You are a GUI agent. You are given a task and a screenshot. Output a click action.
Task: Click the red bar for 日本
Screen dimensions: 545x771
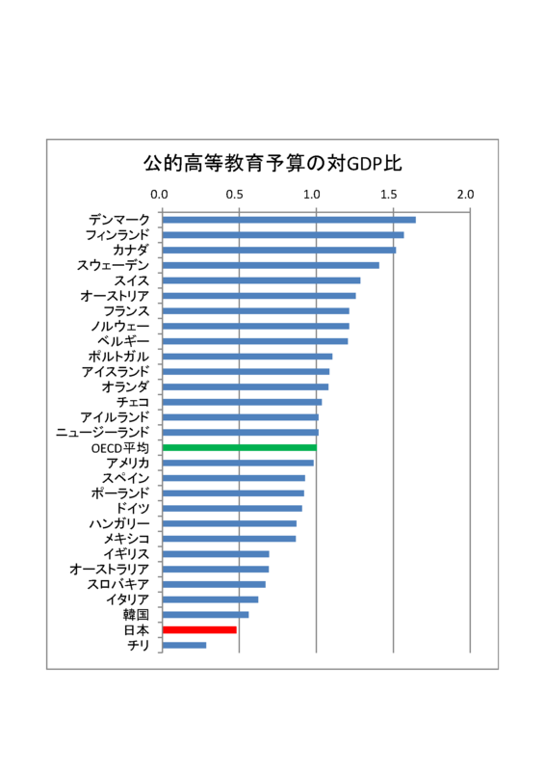coord(199,630)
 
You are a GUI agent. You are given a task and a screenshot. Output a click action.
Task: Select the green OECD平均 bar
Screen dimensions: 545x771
coord(240,447)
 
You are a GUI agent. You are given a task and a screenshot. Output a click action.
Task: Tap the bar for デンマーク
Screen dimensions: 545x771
coord(289,220)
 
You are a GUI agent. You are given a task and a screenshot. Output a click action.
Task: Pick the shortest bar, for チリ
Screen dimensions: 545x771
coord(184,645)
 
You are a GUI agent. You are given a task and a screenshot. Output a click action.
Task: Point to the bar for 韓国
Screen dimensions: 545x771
coord(205,615)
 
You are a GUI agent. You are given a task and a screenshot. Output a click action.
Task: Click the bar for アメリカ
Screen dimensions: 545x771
coord(238,463)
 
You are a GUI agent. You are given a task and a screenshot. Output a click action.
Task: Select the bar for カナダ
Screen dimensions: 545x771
coord(279,251)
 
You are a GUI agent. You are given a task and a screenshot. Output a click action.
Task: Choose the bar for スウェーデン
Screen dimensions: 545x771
coord(271,266)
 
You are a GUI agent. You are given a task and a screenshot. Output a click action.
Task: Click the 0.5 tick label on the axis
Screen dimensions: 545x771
coord(234,195)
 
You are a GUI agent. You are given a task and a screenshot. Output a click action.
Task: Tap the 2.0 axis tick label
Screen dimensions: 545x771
coord(465,195)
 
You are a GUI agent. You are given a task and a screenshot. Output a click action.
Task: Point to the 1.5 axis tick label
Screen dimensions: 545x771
coord(388,195)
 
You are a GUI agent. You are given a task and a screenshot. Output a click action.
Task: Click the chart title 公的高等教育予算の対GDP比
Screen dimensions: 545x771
coord(272,164)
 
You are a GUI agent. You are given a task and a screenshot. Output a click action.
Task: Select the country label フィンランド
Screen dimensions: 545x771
coord(117,235)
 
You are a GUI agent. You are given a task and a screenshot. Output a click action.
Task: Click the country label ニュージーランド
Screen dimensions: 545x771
coord(102,432)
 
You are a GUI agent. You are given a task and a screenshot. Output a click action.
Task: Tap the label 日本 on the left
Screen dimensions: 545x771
coord(136,630)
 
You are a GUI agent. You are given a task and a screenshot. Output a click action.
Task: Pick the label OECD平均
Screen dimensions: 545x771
coord(120,448)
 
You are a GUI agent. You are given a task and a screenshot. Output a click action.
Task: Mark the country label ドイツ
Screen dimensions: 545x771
coord(133,509)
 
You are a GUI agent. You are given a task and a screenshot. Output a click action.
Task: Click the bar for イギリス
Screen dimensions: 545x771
coord(216,554)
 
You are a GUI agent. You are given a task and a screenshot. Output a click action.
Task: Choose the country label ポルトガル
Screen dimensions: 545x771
coord(118,357)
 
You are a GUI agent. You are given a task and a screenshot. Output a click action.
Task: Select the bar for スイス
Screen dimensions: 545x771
coord(262,280)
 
